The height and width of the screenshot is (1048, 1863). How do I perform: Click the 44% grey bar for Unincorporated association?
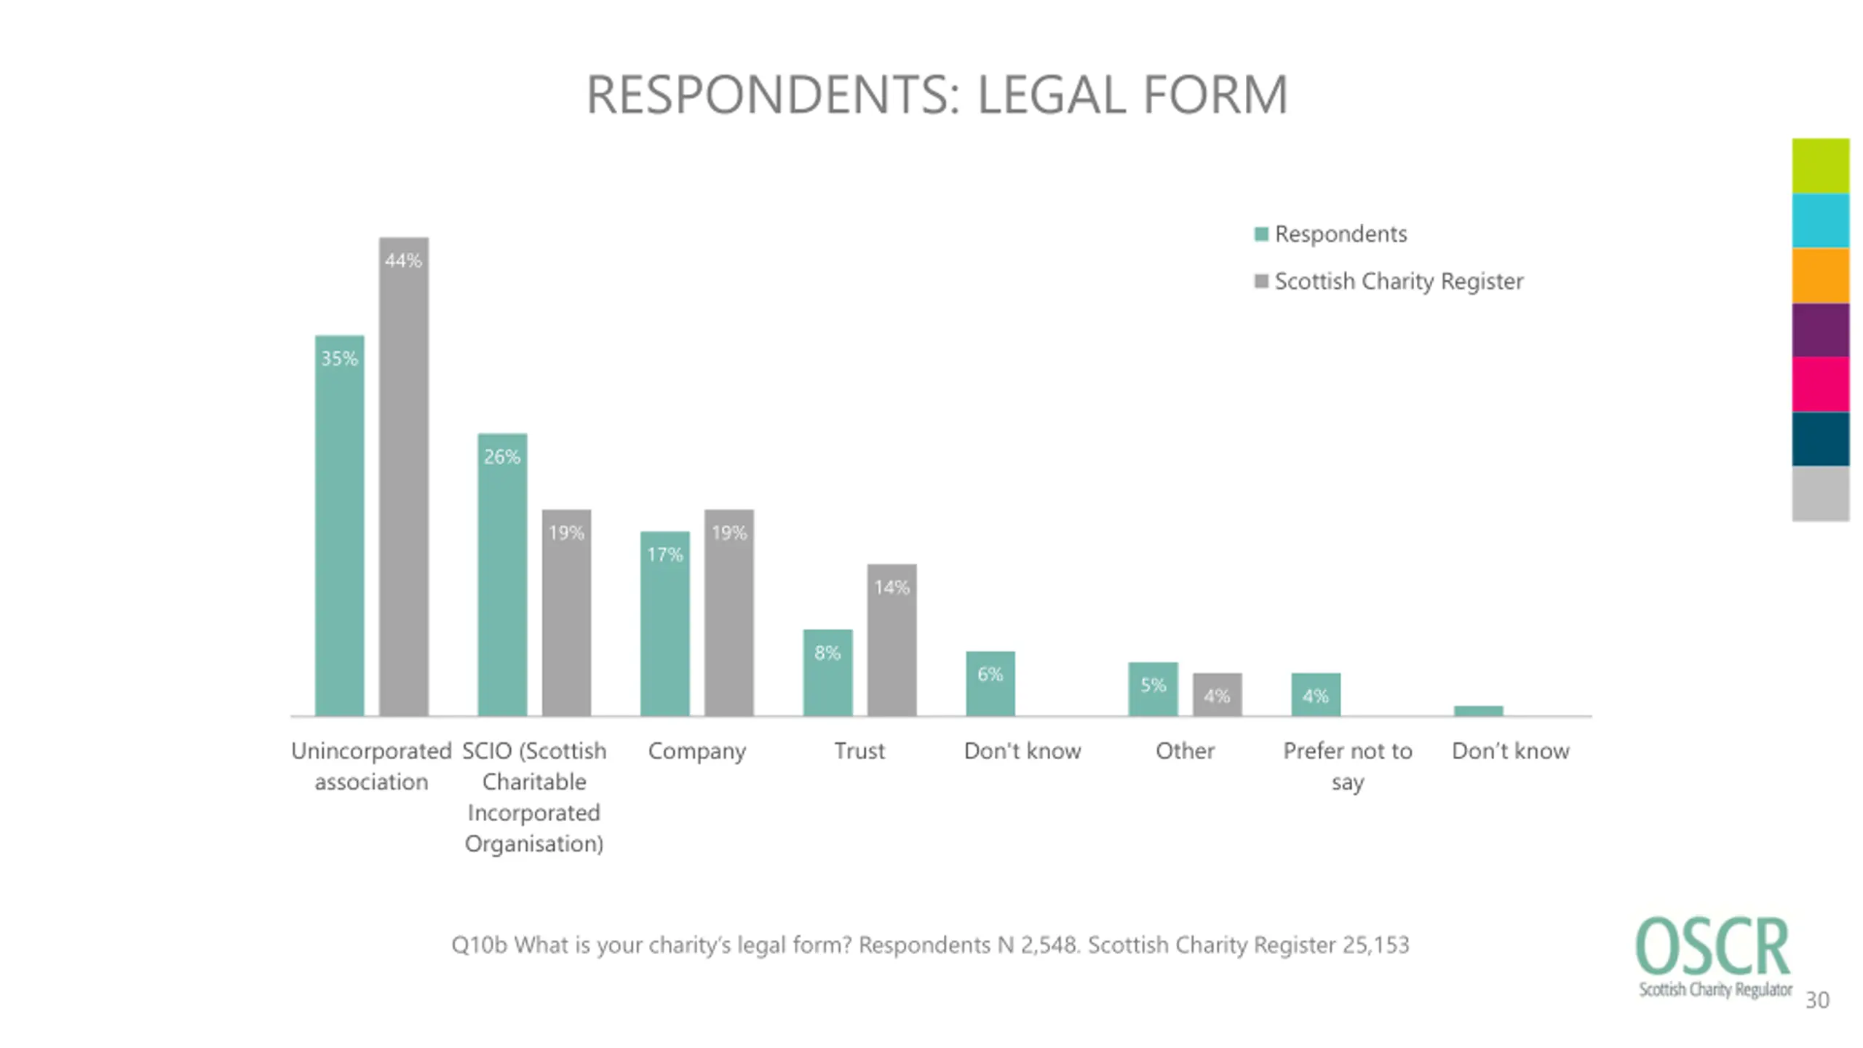[403, 477]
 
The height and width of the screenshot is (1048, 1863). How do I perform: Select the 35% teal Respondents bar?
[339, 525]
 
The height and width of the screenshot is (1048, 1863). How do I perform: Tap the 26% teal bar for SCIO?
[502, 575]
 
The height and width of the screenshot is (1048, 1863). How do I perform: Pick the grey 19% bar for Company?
[728, 613]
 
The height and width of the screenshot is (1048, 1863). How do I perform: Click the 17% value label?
[664, 555]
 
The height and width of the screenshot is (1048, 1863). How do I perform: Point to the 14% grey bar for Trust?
[891, 640]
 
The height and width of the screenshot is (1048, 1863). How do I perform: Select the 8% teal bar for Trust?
[827, 673]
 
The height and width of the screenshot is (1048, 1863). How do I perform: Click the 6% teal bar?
[990, 684]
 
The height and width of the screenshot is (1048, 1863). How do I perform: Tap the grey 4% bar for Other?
[1217, 695]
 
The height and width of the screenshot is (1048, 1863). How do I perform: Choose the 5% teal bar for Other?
[1153, 689]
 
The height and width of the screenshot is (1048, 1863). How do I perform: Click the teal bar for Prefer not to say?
[1315, 695]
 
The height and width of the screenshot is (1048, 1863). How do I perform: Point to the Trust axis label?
[859, 750]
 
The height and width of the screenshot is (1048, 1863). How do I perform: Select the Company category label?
[696, 750]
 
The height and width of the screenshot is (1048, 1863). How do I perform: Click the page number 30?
[1817, 1000]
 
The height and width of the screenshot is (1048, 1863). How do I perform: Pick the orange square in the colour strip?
[1820, 276]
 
